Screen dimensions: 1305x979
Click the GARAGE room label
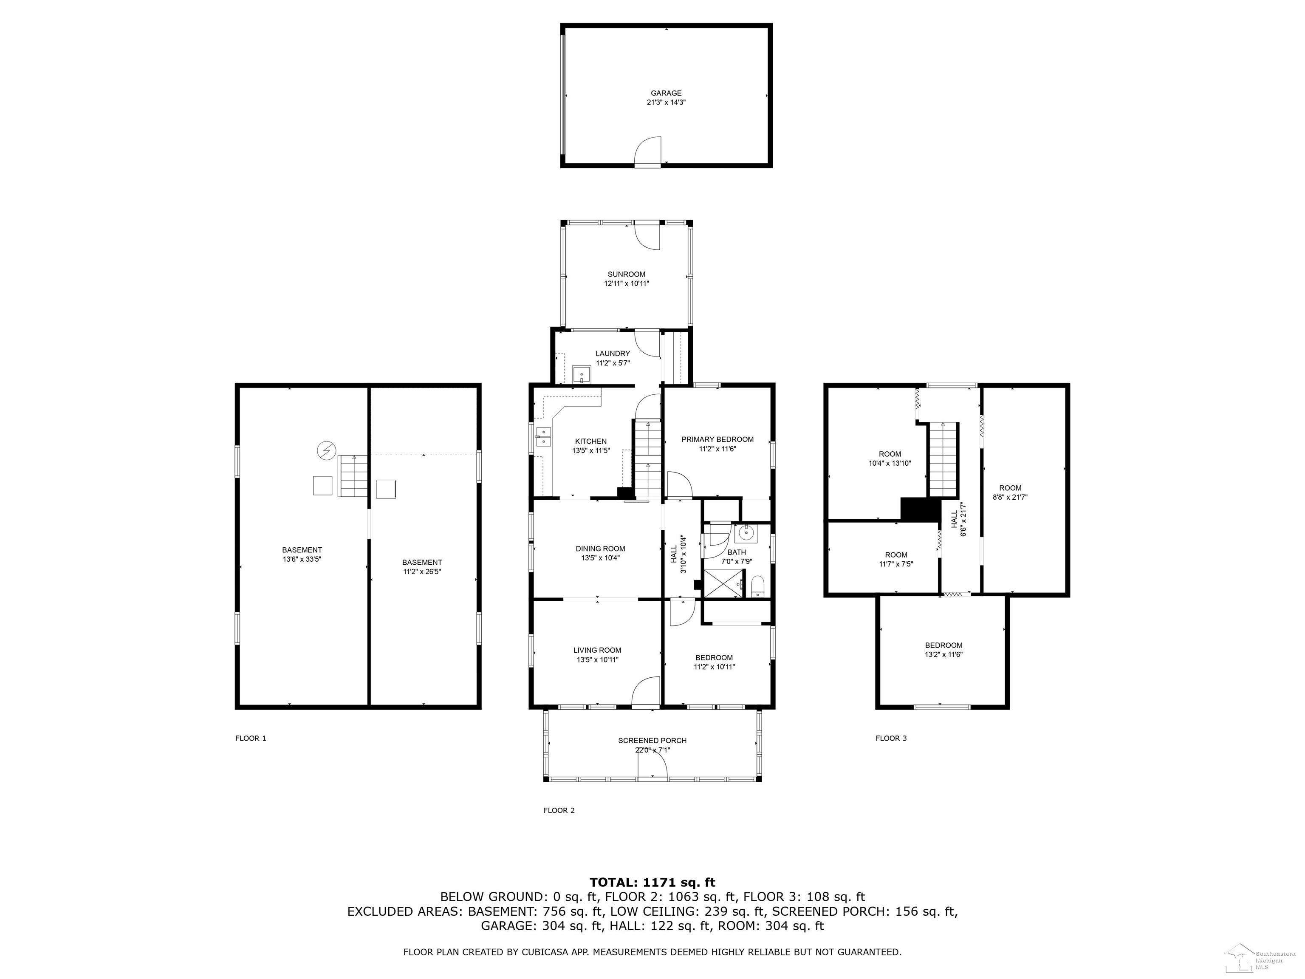click(666, 93)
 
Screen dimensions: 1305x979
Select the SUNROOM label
click(627, 274)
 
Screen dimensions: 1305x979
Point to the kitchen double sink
click(543, 437)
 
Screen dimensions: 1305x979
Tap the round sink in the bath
click(745, 533)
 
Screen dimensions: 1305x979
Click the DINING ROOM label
click(601, 549)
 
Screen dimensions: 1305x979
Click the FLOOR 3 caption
click(891, 738)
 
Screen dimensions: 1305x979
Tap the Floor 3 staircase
click(943, 459)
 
